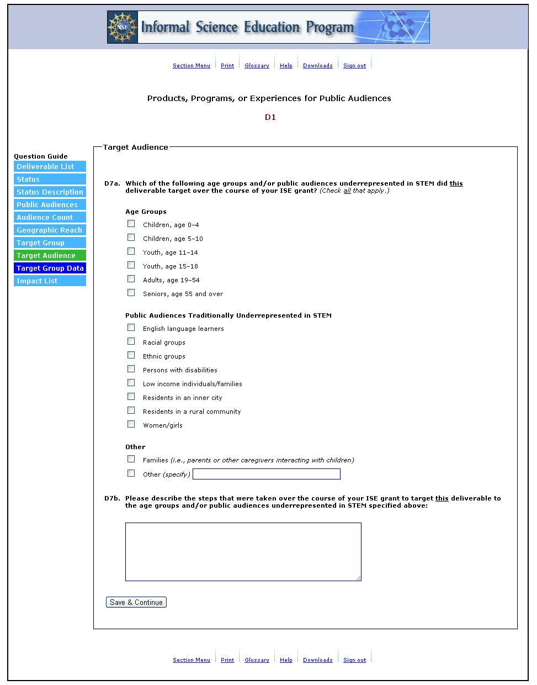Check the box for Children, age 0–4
(131, 224)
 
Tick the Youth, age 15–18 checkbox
(131, 265)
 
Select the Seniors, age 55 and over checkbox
(131, 293)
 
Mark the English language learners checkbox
(131, 328)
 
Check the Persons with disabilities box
(131, 369)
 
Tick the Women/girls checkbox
(131, 424)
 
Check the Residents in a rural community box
(131, 410)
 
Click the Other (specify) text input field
(266, 474)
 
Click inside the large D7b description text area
(243, 551)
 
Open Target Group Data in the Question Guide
(50, 268)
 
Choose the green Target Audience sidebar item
(50, 256)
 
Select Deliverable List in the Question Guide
(50, 167)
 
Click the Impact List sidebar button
(50, 281)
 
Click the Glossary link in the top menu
(257, 66)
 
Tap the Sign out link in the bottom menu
(354, 660)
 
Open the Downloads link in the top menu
(317, 66)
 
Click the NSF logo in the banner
(123, 27)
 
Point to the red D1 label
(270, 117)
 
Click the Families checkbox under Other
(131, 459)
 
